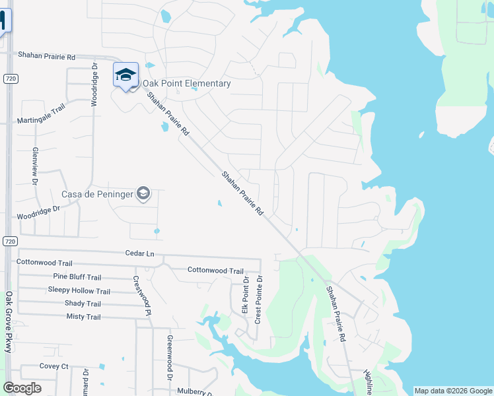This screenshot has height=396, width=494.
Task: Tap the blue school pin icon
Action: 125,75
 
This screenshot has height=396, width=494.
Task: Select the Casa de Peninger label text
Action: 98,194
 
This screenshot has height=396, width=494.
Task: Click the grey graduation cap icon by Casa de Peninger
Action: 143,194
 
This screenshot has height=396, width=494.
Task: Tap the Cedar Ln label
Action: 139,253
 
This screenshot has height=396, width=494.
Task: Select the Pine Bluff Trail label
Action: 77,277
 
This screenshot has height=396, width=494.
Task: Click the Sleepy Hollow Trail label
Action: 79,290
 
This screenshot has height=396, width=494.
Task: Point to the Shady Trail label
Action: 83,304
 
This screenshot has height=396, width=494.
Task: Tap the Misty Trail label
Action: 83,317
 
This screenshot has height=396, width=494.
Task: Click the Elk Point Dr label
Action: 245,299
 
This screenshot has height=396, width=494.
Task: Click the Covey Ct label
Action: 54,366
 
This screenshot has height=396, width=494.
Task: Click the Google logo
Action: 22,388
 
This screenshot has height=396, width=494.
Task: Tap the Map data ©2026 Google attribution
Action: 453,391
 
